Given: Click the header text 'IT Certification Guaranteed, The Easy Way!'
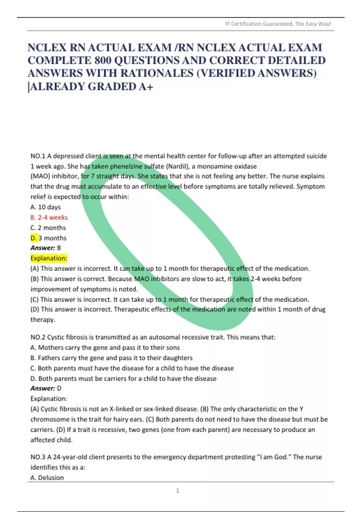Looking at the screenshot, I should (278, 24).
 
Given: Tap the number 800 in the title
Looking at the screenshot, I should (103, 61).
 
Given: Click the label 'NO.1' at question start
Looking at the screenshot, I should (38, 156).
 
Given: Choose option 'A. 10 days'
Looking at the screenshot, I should (46, 207).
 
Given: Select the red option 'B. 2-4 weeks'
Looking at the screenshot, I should (49, 217).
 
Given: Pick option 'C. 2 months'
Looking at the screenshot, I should (48, 228).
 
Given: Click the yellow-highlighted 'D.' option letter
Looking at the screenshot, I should (33, 238).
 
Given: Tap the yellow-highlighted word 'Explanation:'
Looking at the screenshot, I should (49, 258).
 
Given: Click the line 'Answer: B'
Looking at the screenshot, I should (46, 248).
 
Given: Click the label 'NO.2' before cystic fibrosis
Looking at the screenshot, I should (38, 337).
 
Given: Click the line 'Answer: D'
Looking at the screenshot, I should (46, 388).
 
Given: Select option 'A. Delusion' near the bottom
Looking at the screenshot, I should (47, 477).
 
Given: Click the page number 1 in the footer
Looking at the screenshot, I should (177, 491).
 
